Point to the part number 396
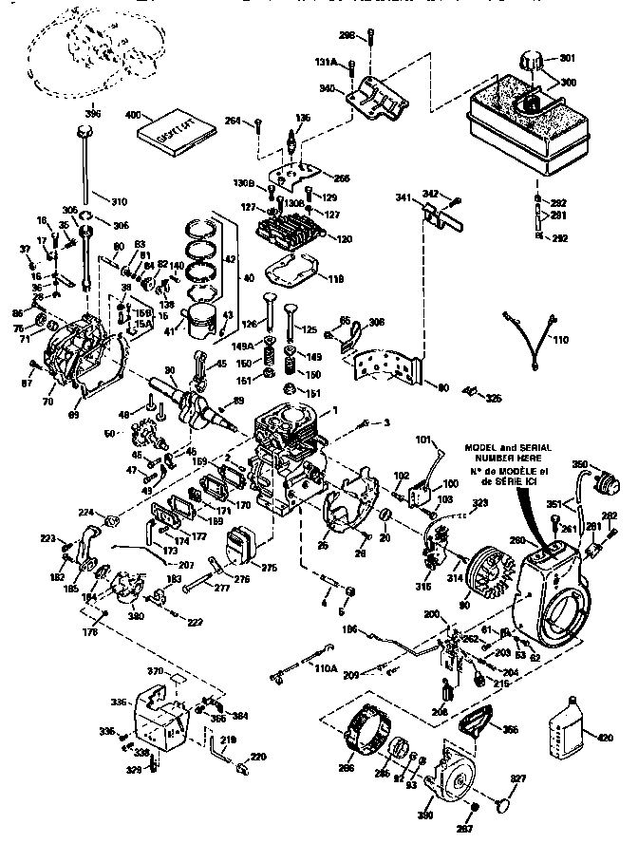[92, 113]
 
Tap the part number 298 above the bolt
[347, 35]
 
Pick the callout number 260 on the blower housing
[517, 541]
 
